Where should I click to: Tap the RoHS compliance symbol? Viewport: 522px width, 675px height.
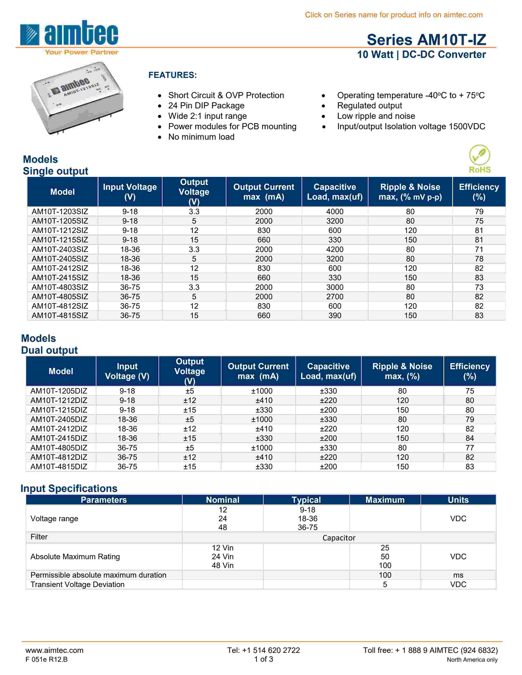(479, 159)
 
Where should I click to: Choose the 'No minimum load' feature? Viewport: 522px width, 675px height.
(201, 137)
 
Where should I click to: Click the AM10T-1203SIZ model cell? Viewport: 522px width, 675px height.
(60, 212)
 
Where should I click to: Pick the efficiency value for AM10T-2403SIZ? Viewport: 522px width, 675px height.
(479, 249)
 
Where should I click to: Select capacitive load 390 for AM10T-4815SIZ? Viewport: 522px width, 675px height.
(335, 316)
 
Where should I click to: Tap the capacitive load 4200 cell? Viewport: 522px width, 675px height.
(335, 249)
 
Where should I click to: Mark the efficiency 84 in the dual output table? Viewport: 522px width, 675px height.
(469, 438)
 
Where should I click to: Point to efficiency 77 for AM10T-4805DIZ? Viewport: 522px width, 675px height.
(469, 448)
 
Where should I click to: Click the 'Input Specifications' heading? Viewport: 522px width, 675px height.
(69, 488)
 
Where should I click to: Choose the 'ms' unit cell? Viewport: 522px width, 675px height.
(458, 575)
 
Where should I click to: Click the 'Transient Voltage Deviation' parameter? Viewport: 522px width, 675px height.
(77, 584)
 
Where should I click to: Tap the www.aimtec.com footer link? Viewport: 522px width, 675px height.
(54, 650)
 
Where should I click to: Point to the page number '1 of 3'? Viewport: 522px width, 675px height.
(263, 659)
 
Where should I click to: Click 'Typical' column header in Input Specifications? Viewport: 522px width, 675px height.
(306, 500)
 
